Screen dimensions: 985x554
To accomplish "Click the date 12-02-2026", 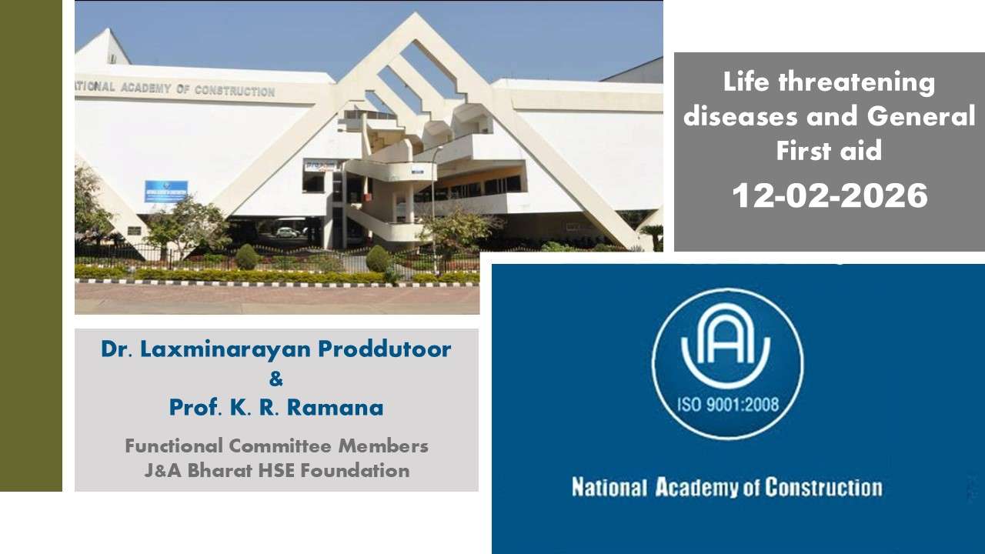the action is (830, 195).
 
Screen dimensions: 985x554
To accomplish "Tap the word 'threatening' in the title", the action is (856, 83).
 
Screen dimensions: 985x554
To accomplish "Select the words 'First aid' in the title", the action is (829, 150).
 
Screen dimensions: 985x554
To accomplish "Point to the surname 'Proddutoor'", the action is (385, 349).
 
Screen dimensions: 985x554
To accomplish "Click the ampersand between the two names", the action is (275, 379).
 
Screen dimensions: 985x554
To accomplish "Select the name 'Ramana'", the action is (336, 408).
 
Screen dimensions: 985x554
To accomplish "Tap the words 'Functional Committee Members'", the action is (276, 446).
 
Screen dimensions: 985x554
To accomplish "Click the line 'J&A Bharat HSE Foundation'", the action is (276, 470).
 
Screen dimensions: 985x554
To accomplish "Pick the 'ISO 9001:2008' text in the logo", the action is (728, 404).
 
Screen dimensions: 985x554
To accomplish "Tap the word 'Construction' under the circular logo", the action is (823, 488).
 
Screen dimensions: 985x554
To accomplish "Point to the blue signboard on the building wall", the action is (166, 192).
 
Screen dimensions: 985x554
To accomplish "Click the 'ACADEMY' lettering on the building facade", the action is (145, 88).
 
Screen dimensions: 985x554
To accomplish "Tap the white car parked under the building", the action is (288, 232).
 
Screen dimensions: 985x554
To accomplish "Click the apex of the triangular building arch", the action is (414, 13).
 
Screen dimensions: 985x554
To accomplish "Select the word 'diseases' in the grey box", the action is (740, 117).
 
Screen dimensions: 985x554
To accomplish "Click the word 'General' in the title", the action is (921, 116).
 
